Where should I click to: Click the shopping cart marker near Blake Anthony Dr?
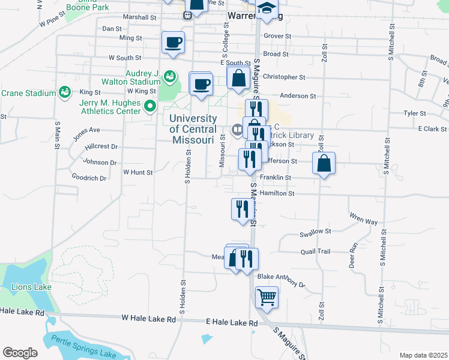point(267,296)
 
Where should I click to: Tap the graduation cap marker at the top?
point(267,8)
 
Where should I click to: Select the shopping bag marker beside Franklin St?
point(324,163)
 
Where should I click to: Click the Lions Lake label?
point(31,287)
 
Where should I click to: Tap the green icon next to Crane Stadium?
point(64,92)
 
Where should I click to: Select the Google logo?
point(20,352)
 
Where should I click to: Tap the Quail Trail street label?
point(316,251)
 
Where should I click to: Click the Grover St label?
point(277,36)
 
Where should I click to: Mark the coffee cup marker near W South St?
point(173,43)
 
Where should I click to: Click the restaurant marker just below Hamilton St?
point(241,209)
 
